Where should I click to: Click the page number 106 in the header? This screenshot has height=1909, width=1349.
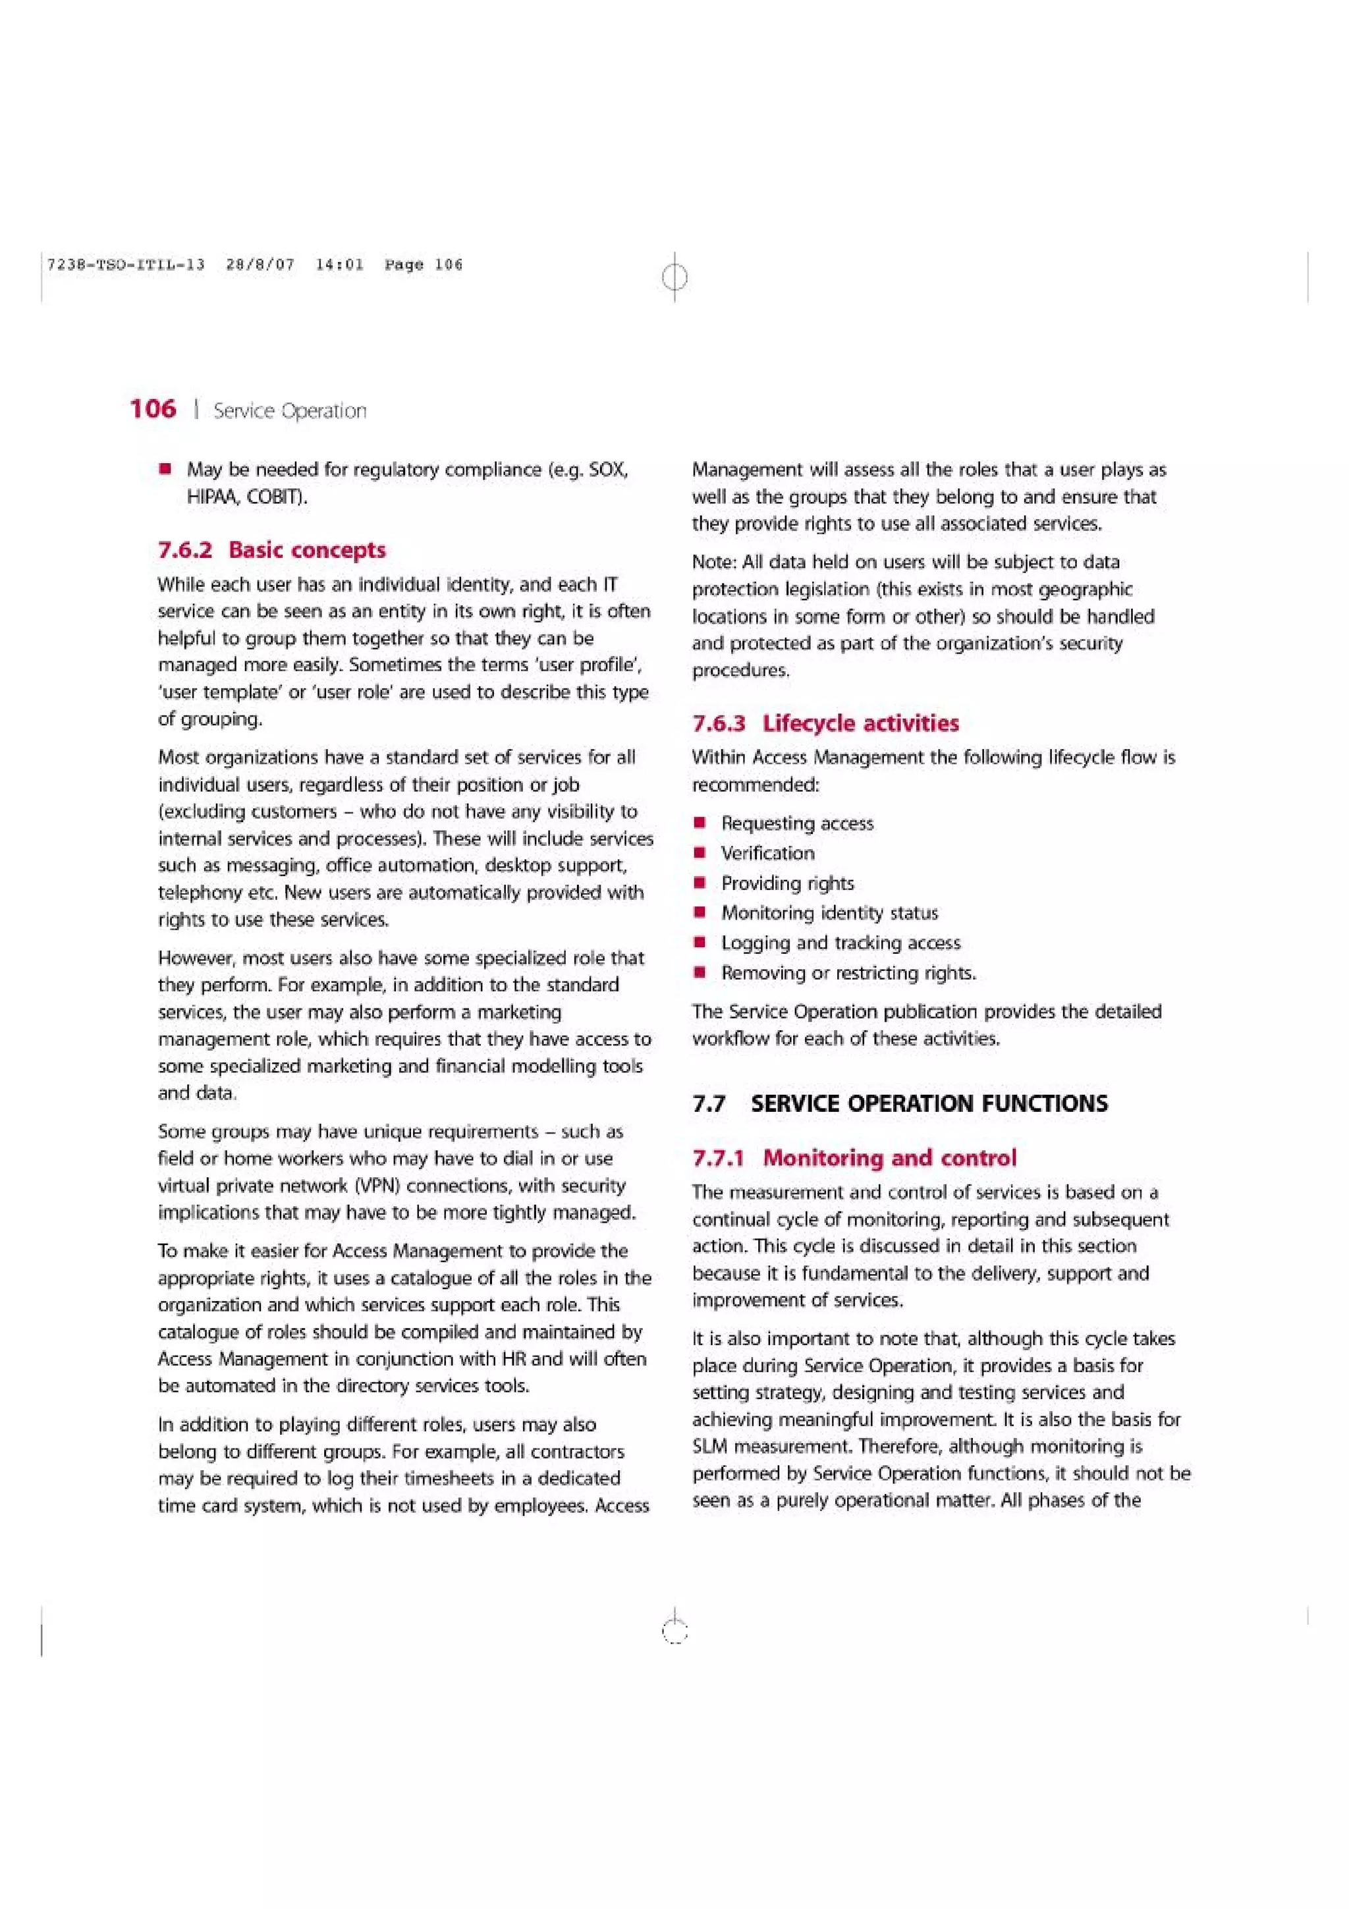[x=153, y=408]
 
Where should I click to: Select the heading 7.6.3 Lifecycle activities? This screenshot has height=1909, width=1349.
[x=825, y=723]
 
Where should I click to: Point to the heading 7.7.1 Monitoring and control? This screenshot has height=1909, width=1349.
[x=854, y=1157]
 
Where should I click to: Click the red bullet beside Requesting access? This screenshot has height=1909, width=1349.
[x=701, y=823]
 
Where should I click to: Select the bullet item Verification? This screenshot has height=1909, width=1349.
[x=767, y=853]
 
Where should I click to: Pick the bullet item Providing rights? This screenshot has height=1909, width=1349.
[x=787, y=883]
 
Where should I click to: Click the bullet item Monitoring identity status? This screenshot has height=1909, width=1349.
[x=829, y=913]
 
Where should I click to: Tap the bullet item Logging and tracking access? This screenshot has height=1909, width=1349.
[x=840, y=943]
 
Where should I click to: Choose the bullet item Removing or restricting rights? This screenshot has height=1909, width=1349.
[x=848, y=973]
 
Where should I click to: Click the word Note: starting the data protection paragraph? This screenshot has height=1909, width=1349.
[x=714, y=562]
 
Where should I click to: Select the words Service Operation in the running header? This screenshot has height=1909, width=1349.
[x=289, y=411]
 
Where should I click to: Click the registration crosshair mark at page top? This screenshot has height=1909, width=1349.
[x=675, y=276]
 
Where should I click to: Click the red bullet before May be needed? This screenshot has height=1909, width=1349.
[x=166, y=470]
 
